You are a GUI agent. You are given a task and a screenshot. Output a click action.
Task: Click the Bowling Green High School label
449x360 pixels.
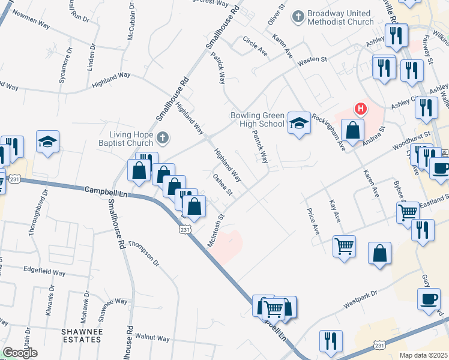pyautogui.click(x=258, y=119)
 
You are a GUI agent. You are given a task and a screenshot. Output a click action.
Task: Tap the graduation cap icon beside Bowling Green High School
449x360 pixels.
pyautogui.click(x=298, y=122)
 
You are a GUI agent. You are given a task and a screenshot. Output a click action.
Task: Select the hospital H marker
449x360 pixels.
pyautogui.click(x=360, y=109)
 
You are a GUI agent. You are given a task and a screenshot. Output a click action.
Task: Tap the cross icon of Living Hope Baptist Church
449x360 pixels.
pyautogui.click(x=161, y=139)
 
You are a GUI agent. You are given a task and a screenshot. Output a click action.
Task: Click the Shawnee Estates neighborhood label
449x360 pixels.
pyautogui.click(x=81, y=335)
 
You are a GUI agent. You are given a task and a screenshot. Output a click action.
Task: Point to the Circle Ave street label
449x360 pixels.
pyautogui.click(x=255, y=46)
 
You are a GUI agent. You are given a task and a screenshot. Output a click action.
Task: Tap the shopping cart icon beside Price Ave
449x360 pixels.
pyautogui.click(x=344, y=245)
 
